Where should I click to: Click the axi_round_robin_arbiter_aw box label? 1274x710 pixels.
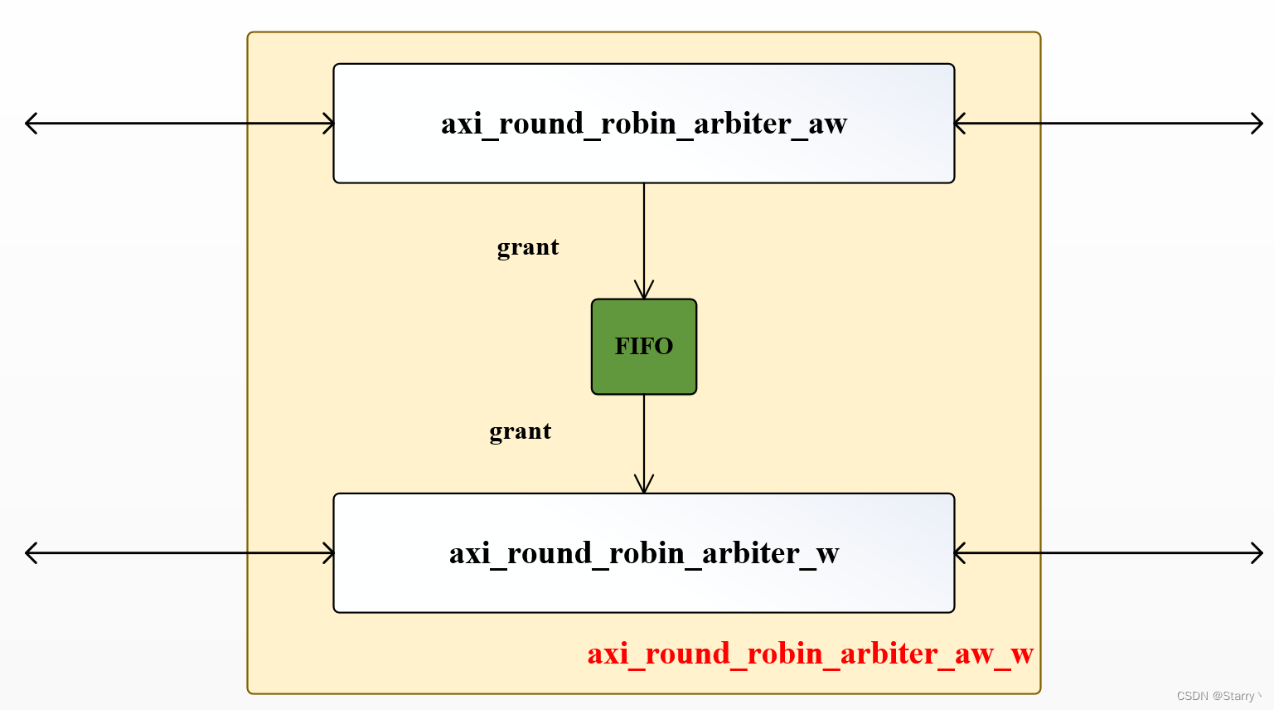pyautogui.click(x=644, y=124)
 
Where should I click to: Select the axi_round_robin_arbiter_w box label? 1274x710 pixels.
pyautogui.click(x=644, y=553)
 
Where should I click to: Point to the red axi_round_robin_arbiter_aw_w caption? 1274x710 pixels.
pyautogui.click(x=810, y=654)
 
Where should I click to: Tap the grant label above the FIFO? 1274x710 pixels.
pyautogui.click(x=528, y=247)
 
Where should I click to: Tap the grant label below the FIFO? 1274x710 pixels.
pyautogui.click(x=521, y=431)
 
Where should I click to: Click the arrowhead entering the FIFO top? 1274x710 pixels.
pyautogui.click(x=644, y=291)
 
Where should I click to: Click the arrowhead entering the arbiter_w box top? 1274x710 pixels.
pyautogui.click(x=644, y=485)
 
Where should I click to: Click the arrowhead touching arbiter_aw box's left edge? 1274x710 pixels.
pyautogui.click(x=329, y=124)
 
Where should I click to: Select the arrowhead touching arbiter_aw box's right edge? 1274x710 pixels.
pyautogui.click(x=960, y=124)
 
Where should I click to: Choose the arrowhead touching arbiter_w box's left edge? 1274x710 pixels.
pyautogui.click(x=329, y=553)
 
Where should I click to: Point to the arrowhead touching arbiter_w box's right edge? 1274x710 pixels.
pyautogui.click(x=960, y=553)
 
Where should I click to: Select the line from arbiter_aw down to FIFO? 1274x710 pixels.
pyautogui.click(x=644, y=232)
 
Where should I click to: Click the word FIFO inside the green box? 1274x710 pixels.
pyautogui.click(x=644, y=346)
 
